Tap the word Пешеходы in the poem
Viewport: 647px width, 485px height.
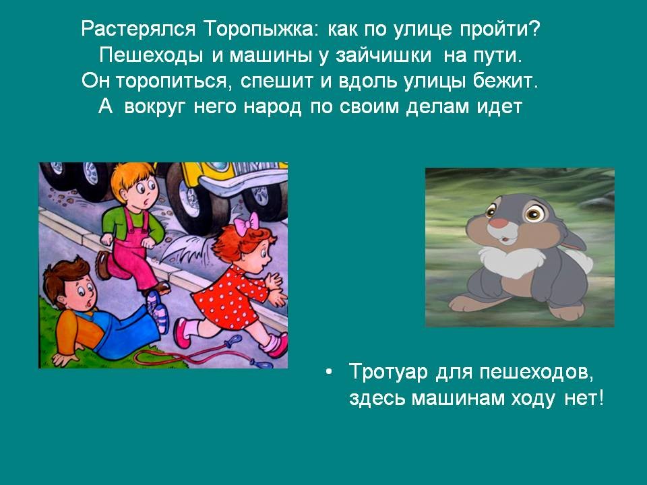150,55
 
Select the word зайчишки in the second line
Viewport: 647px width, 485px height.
383,56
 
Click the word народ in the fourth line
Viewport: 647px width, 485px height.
272,107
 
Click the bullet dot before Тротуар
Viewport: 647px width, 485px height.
328,373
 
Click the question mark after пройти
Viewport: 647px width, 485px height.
534,28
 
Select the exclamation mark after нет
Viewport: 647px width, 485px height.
600,397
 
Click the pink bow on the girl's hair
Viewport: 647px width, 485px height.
247,222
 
